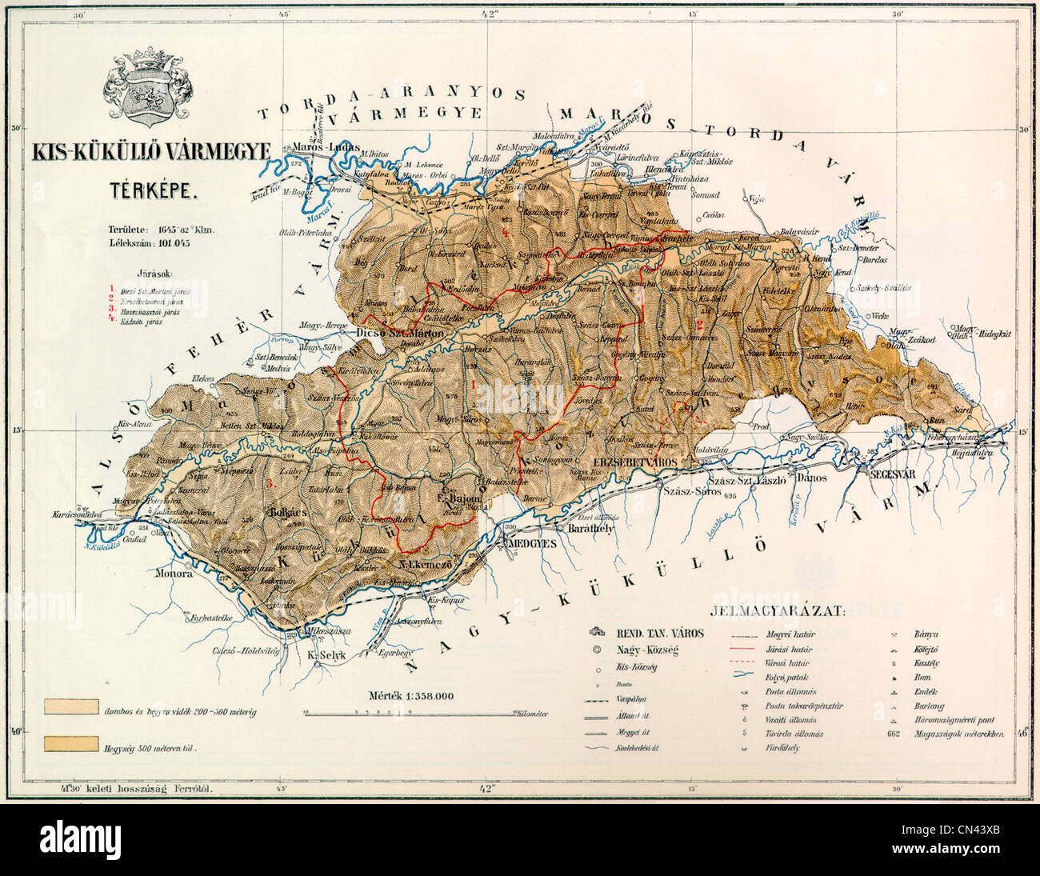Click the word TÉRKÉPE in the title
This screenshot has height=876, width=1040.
[149, 190]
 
